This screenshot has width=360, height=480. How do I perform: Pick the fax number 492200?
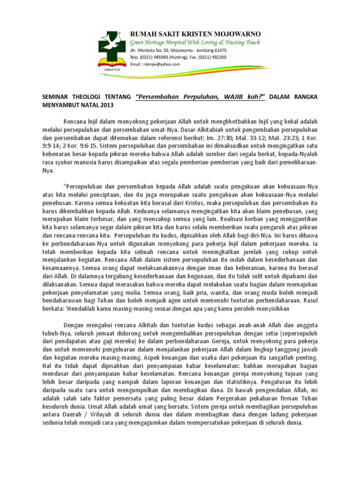coord(217,57)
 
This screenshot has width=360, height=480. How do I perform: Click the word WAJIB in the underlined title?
coord(223,97)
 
